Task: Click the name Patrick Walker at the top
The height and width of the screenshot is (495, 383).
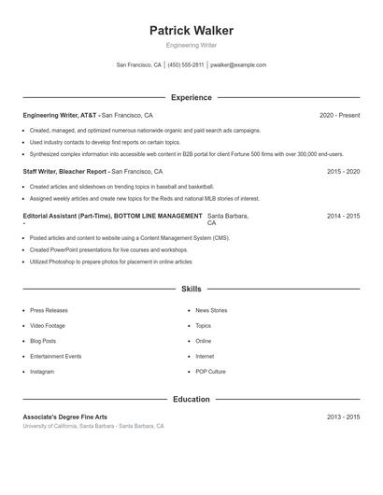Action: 191,31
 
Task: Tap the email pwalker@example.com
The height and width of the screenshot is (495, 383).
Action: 238,65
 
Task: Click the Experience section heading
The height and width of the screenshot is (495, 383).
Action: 191,97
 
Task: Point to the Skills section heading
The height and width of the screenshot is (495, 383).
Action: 191,290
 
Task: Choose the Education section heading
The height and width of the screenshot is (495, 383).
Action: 191,399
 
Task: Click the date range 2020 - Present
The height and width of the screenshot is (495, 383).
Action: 339,115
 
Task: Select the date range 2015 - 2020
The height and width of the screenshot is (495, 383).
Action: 343,172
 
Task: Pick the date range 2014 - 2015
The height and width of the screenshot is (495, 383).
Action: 343,216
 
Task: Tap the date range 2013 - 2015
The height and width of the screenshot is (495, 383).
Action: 343,417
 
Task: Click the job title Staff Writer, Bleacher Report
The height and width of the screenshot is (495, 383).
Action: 65,172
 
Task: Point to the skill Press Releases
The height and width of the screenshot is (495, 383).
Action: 49,310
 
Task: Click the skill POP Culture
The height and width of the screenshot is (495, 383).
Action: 210,372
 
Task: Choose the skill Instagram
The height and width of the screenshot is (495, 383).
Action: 42,372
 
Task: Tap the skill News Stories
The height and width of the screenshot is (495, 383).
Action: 211,310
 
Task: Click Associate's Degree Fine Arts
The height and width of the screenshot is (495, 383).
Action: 65,417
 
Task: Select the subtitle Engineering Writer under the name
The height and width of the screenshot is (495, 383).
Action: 191,45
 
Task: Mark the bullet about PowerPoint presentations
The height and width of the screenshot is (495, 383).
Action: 108,250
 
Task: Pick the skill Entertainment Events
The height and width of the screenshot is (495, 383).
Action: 55,356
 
